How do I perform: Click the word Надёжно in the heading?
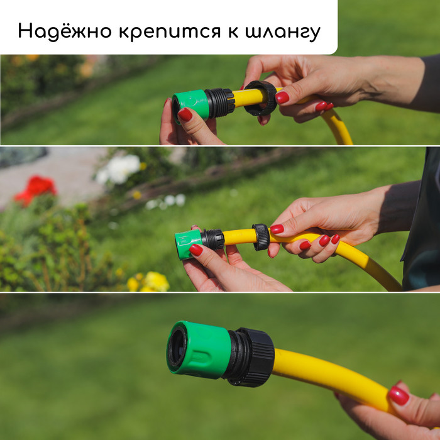pos(65,31)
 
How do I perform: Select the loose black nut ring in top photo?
pos(260,98)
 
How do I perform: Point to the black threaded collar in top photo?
pos(220,102)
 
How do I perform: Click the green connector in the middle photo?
pos(187,244)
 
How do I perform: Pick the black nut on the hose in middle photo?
pos(261,237)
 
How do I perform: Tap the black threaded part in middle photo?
pos(212,239)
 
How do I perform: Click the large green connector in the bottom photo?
pos(199,349)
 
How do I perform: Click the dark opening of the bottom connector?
pos(177,348)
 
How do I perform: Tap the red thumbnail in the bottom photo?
pos(399,395)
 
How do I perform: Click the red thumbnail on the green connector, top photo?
pos(185,114)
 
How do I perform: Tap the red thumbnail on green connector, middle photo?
pos(196,250)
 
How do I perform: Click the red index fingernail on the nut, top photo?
pos(282,97)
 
